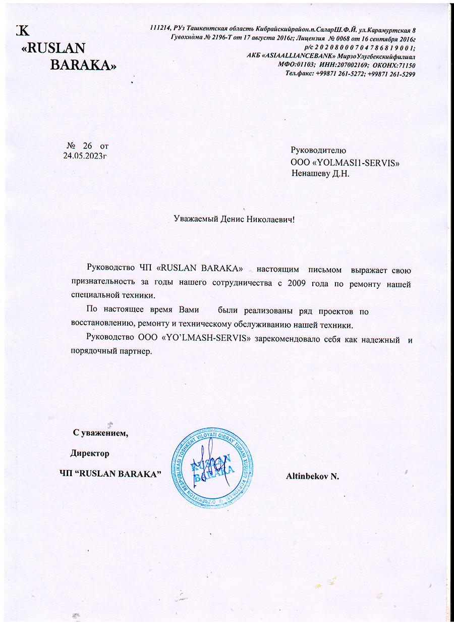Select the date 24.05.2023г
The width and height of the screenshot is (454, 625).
[x=85, y=155]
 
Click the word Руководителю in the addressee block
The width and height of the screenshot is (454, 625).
[x=318, y=150]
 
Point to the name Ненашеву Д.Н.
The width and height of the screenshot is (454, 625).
[x=320, y=173]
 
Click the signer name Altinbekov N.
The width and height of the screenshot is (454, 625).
[x=312, y=476]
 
